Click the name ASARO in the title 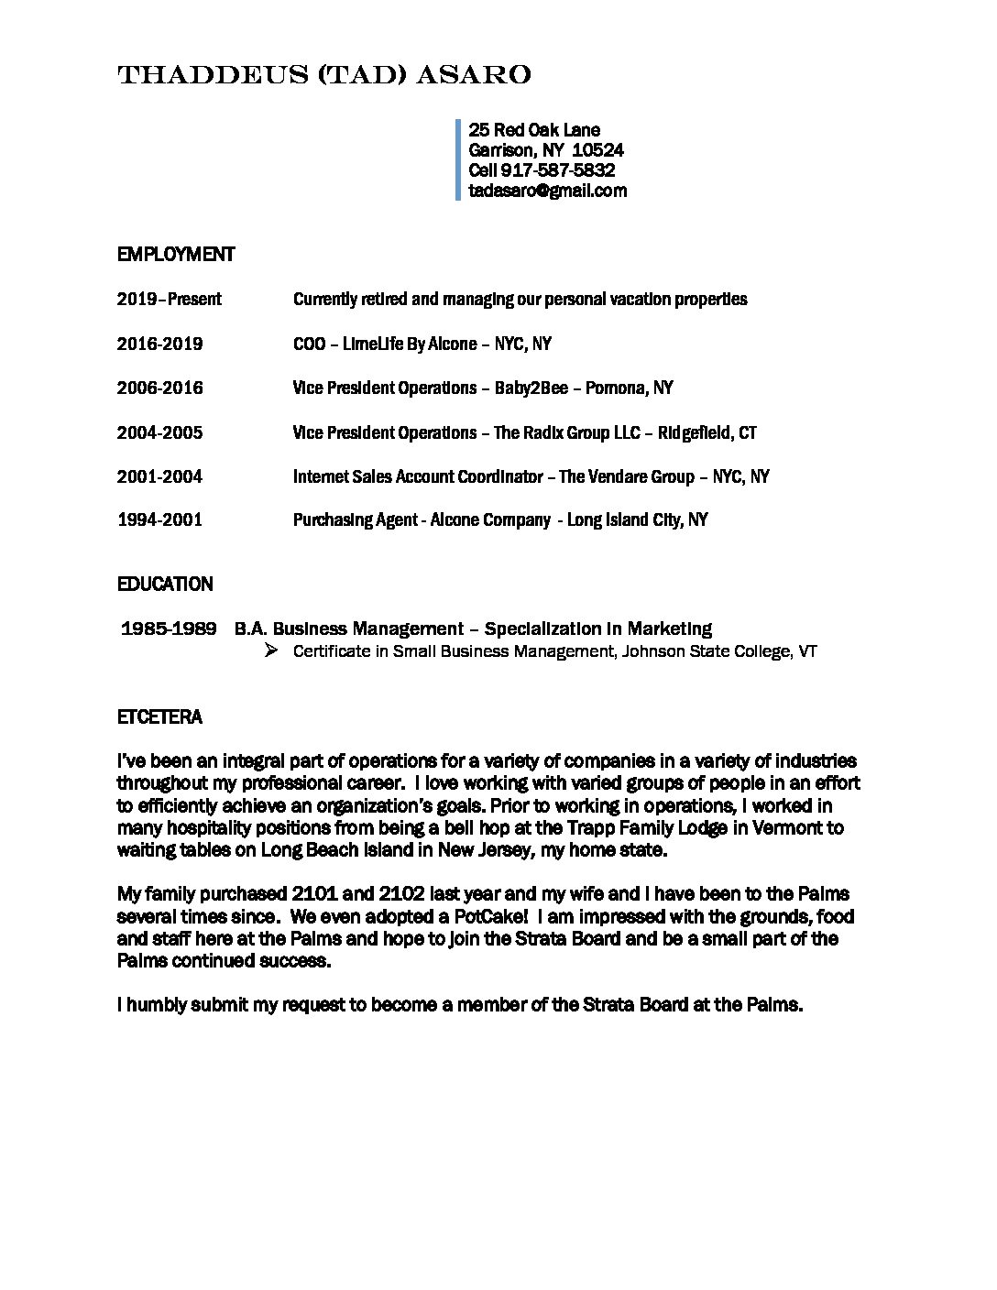(474, 75)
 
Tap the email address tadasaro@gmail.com (547, 191)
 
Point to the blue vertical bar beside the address (457, 159)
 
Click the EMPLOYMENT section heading (176, 255)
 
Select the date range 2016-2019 (159, 344)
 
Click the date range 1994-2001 (159, 519)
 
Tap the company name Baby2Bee (531, 388)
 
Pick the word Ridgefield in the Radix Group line (694, 432)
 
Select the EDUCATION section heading (165, 584)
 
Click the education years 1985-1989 (169, 629)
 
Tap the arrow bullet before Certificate (269, 650)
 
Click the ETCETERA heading (159, 716)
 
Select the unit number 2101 (314, 893)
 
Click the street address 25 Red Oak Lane (534, 130)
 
